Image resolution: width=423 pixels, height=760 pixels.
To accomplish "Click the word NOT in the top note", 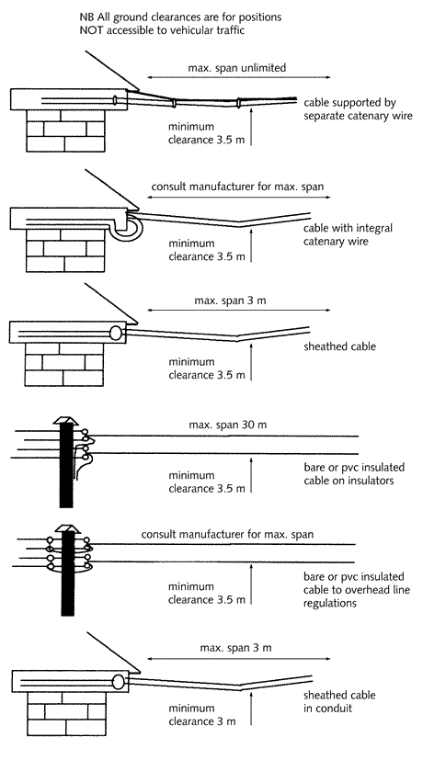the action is tap(90, 30).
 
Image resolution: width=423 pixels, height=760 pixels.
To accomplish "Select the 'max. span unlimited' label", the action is tap(237, 68).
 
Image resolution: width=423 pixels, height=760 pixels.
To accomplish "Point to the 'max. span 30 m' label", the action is tap(228, 425).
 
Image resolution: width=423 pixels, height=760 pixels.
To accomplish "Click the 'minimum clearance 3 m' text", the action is tap(202, 715).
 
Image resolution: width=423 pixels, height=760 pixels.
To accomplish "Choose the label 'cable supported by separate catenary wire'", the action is tap(358, 109).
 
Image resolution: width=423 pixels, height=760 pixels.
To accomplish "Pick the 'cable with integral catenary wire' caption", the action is tap(348, 234).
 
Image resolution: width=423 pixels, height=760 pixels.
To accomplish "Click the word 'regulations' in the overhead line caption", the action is tap(330, 604).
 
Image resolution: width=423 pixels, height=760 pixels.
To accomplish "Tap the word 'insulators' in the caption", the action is tap(372, 481).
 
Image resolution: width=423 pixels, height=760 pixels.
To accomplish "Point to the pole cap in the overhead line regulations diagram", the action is tap(66, 528).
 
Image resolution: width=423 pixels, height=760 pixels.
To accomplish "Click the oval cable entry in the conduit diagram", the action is tap(119, 682).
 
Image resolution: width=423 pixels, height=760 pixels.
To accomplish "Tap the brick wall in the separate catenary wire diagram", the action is tap(65, 130).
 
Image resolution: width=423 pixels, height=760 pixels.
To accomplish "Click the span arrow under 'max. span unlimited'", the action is tap(239, 77).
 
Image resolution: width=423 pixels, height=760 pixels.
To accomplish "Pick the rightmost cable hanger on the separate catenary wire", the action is tap(238, 103).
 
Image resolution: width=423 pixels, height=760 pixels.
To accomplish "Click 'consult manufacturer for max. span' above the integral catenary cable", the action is tap(237, 187).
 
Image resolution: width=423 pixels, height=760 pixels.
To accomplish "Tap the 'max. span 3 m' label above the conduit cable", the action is tap(235, 648).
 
